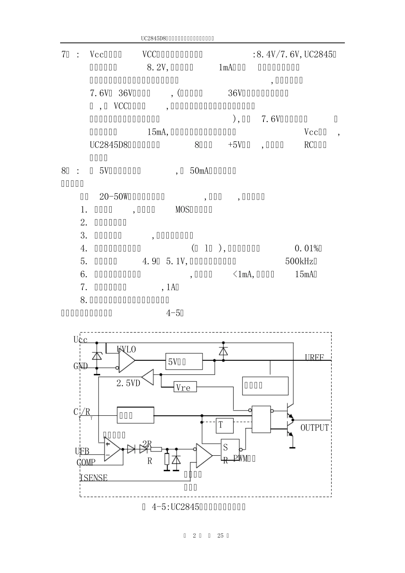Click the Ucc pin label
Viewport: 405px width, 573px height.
point(81,340)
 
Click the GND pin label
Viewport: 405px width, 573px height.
point(81,366)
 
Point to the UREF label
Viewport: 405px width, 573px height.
point(314,357)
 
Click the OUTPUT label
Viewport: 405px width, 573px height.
point(315,428)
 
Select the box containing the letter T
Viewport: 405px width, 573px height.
point(224,425)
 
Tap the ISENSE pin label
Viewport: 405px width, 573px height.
point(94,478)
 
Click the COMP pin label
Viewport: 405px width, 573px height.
point(86,462)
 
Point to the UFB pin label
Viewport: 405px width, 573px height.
point(82,451)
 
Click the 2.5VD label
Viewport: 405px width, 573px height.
point(128,383)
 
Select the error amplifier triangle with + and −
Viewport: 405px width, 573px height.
point(112,449)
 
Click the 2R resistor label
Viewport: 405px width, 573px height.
point(147,445)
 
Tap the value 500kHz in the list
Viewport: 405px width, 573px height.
point(301,261)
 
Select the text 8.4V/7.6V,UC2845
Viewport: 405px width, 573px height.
point(294,55)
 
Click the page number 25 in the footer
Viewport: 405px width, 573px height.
point(220,535)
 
